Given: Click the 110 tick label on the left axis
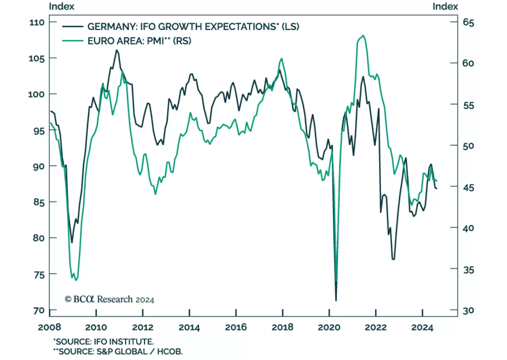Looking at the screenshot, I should pyautogui.click(x=37, y=22).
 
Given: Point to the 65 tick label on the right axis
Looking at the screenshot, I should pyautogui.click(x=468, y=22).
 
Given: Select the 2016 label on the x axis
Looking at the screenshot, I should pyautogui.click(x=236, y=327).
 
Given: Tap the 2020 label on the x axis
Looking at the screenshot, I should pyautogui.click(x=329, y=327).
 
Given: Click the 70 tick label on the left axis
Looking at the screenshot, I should pyautogui.click(x=39, y=310).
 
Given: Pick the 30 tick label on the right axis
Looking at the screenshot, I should pyautogui.click(x=468, y=310).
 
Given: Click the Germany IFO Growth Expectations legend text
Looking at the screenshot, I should pyautogui.click(x=193, y=27).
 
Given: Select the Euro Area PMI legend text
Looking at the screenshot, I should pyautogui.click(x=139, y=41).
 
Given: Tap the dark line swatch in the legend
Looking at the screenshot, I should pyautogui.click(x=73, y=27).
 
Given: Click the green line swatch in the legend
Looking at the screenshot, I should pyautogui.click(x=73, y=41).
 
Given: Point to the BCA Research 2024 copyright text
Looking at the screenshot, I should pyautogui.click(x=109, y=299).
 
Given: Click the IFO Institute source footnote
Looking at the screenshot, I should pyautogui.click(x=103, y=342).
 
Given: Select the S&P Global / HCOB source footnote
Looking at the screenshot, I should pyautogui.click(x=118, y=351).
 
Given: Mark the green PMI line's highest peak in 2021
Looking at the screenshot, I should pyautogui.click(x=363, y=35).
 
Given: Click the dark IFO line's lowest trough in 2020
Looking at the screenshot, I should pyautogui.click(x=336, y=300).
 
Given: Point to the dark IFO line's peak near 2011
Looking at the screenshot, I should pyautogui.click(x=117, y=50).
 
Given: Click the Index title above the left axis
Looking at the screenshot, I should pyautogui.click(x=61, y=6).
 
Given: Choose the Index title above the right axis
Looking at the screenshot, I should pyautogui.click(x=445, y=6).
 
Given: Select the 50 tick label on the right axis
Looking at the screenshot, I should pyautogui.click(x=468, y=146).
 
